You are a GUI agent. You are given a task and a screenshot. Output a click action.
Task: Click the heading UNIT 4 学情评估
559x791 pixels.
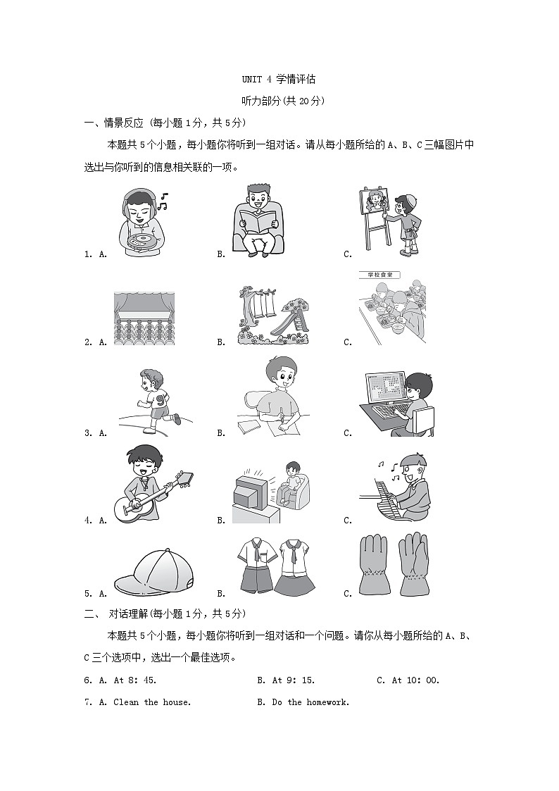(x=279, y=80)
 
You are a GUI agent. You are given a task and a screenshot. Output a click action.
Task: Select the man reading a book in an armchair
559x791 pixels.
(x=258, y=219)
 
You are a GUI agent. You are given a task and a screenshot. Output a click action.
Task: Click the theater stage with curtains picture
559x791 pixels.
(x=144, y=317)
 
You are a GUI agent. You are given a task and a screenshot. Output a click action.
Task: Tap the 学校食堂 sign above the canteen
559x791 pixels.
(x=377, y=275)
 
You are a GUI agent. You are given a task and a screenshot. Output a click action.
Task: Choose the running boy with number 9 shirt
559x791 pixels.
(x=151, y=399)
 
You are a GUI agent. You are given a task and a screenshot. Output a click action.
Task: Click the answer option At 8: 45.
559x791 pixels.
(x=134, y=680)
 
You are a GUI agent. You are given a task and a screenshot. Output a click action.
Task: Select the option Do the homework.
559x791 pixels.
(x=310, y=702)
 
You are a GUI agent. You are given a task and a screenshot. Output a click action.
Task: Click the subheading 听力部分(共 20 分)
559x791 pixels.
(x=279, y=101)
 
